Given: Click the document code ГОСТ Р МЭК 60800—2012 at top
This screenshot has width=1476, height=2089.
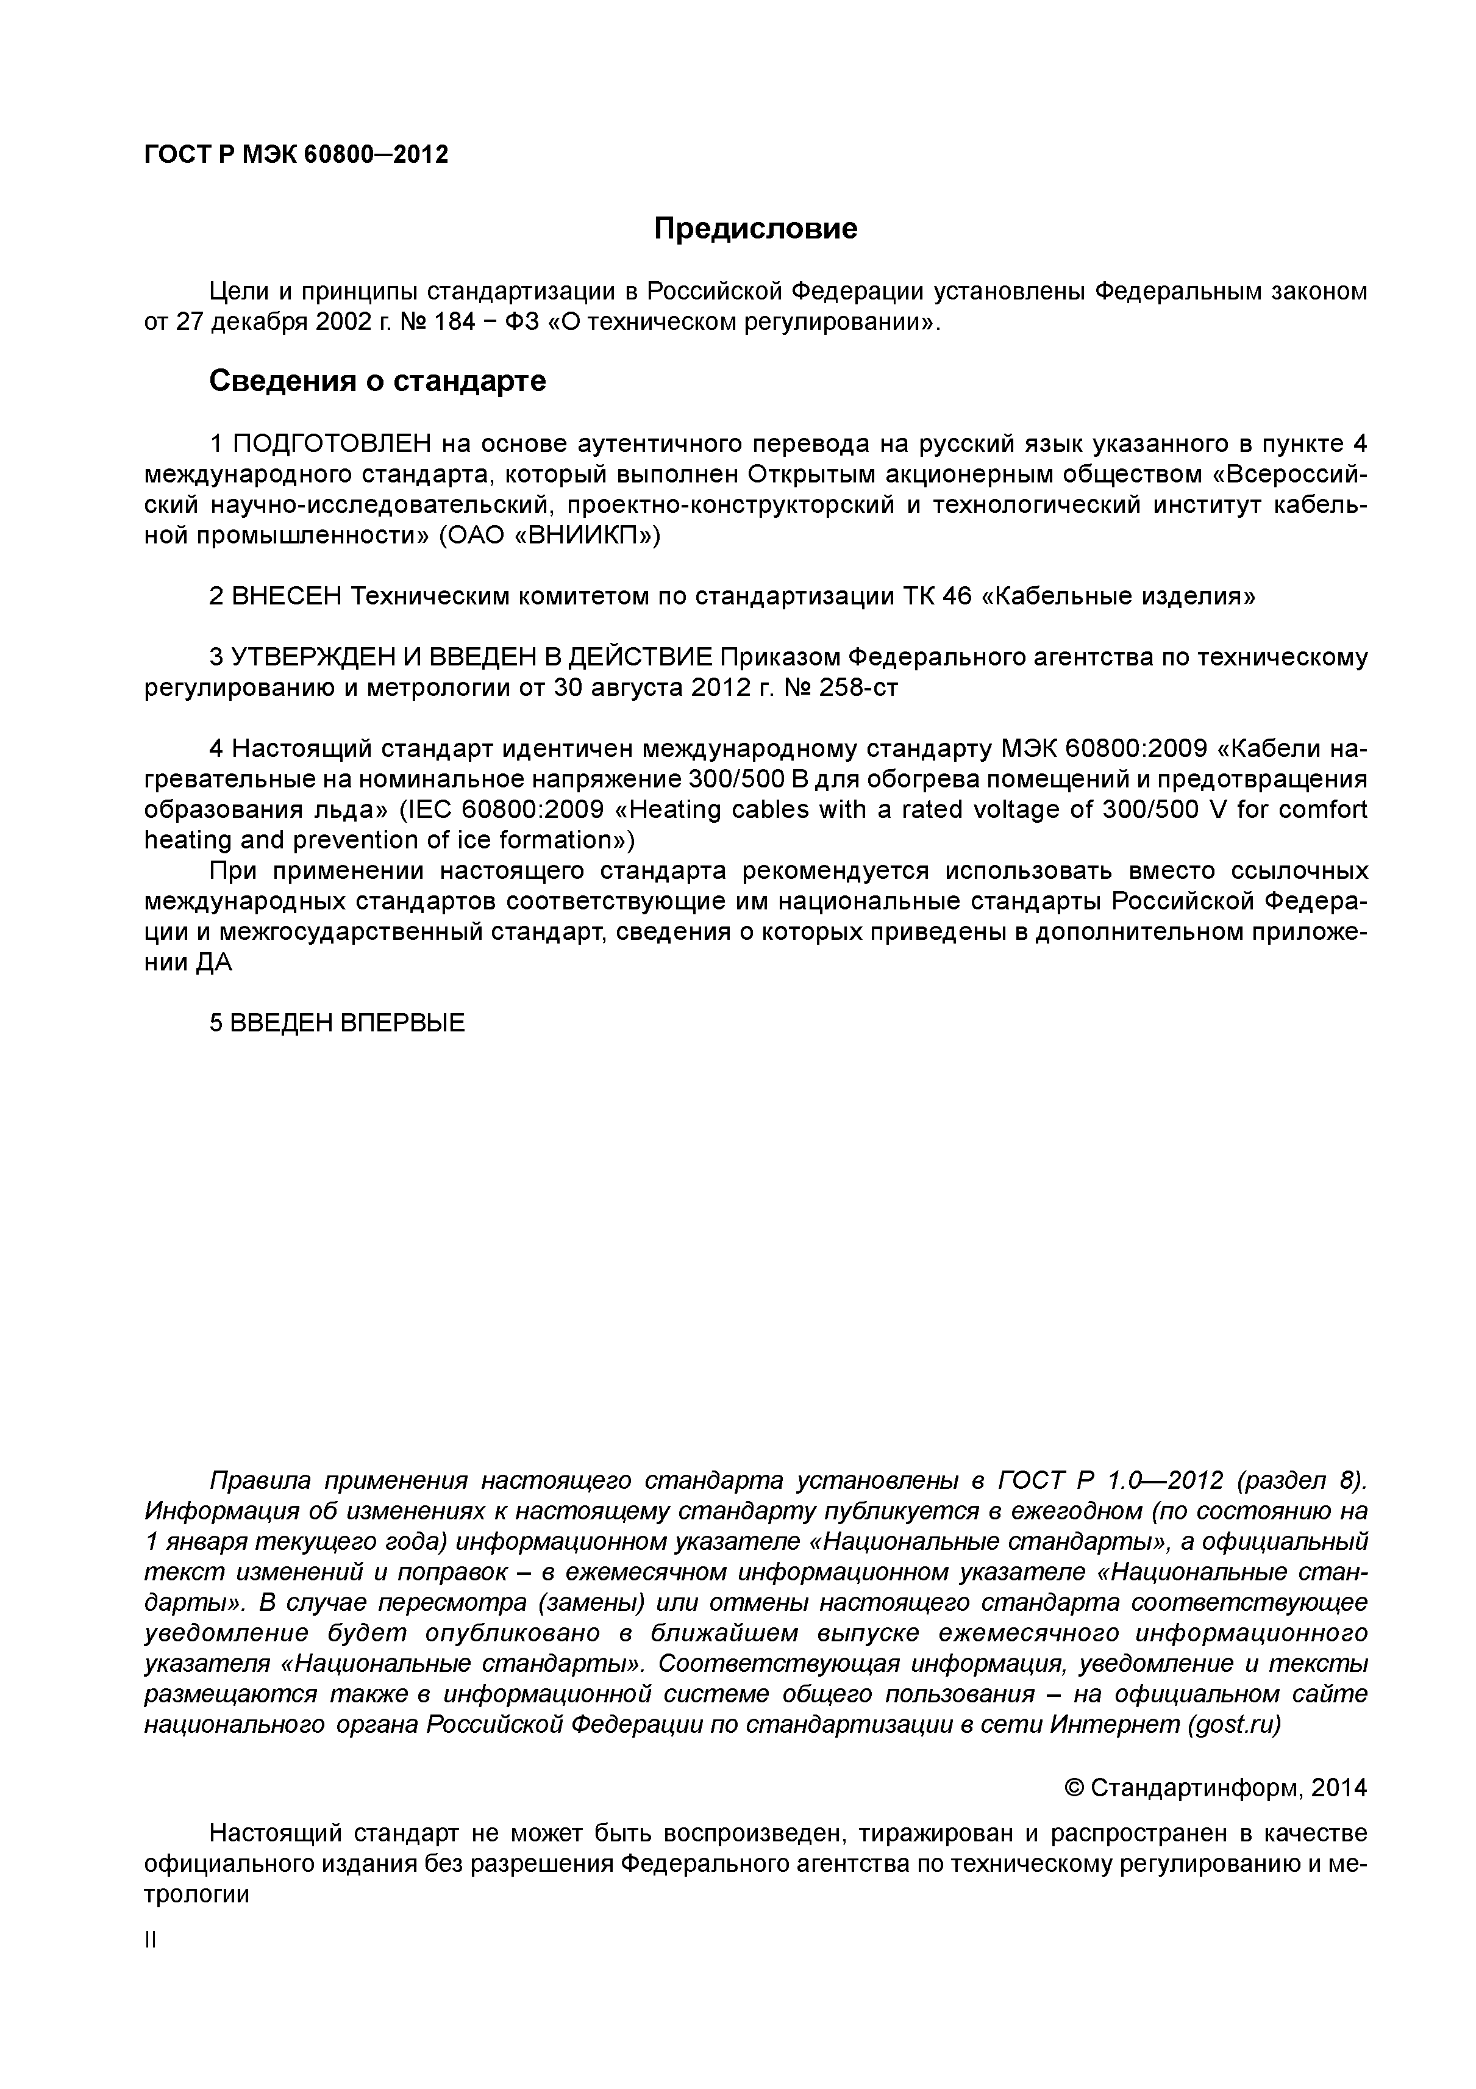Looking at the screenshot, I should coord(296,155).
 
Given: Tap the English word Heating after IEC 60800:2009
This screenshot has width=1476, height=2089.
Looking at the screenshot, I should coord(672,810).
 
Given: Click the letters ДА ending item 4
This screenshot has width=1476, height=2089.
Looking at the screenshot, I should coord(214,962).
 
